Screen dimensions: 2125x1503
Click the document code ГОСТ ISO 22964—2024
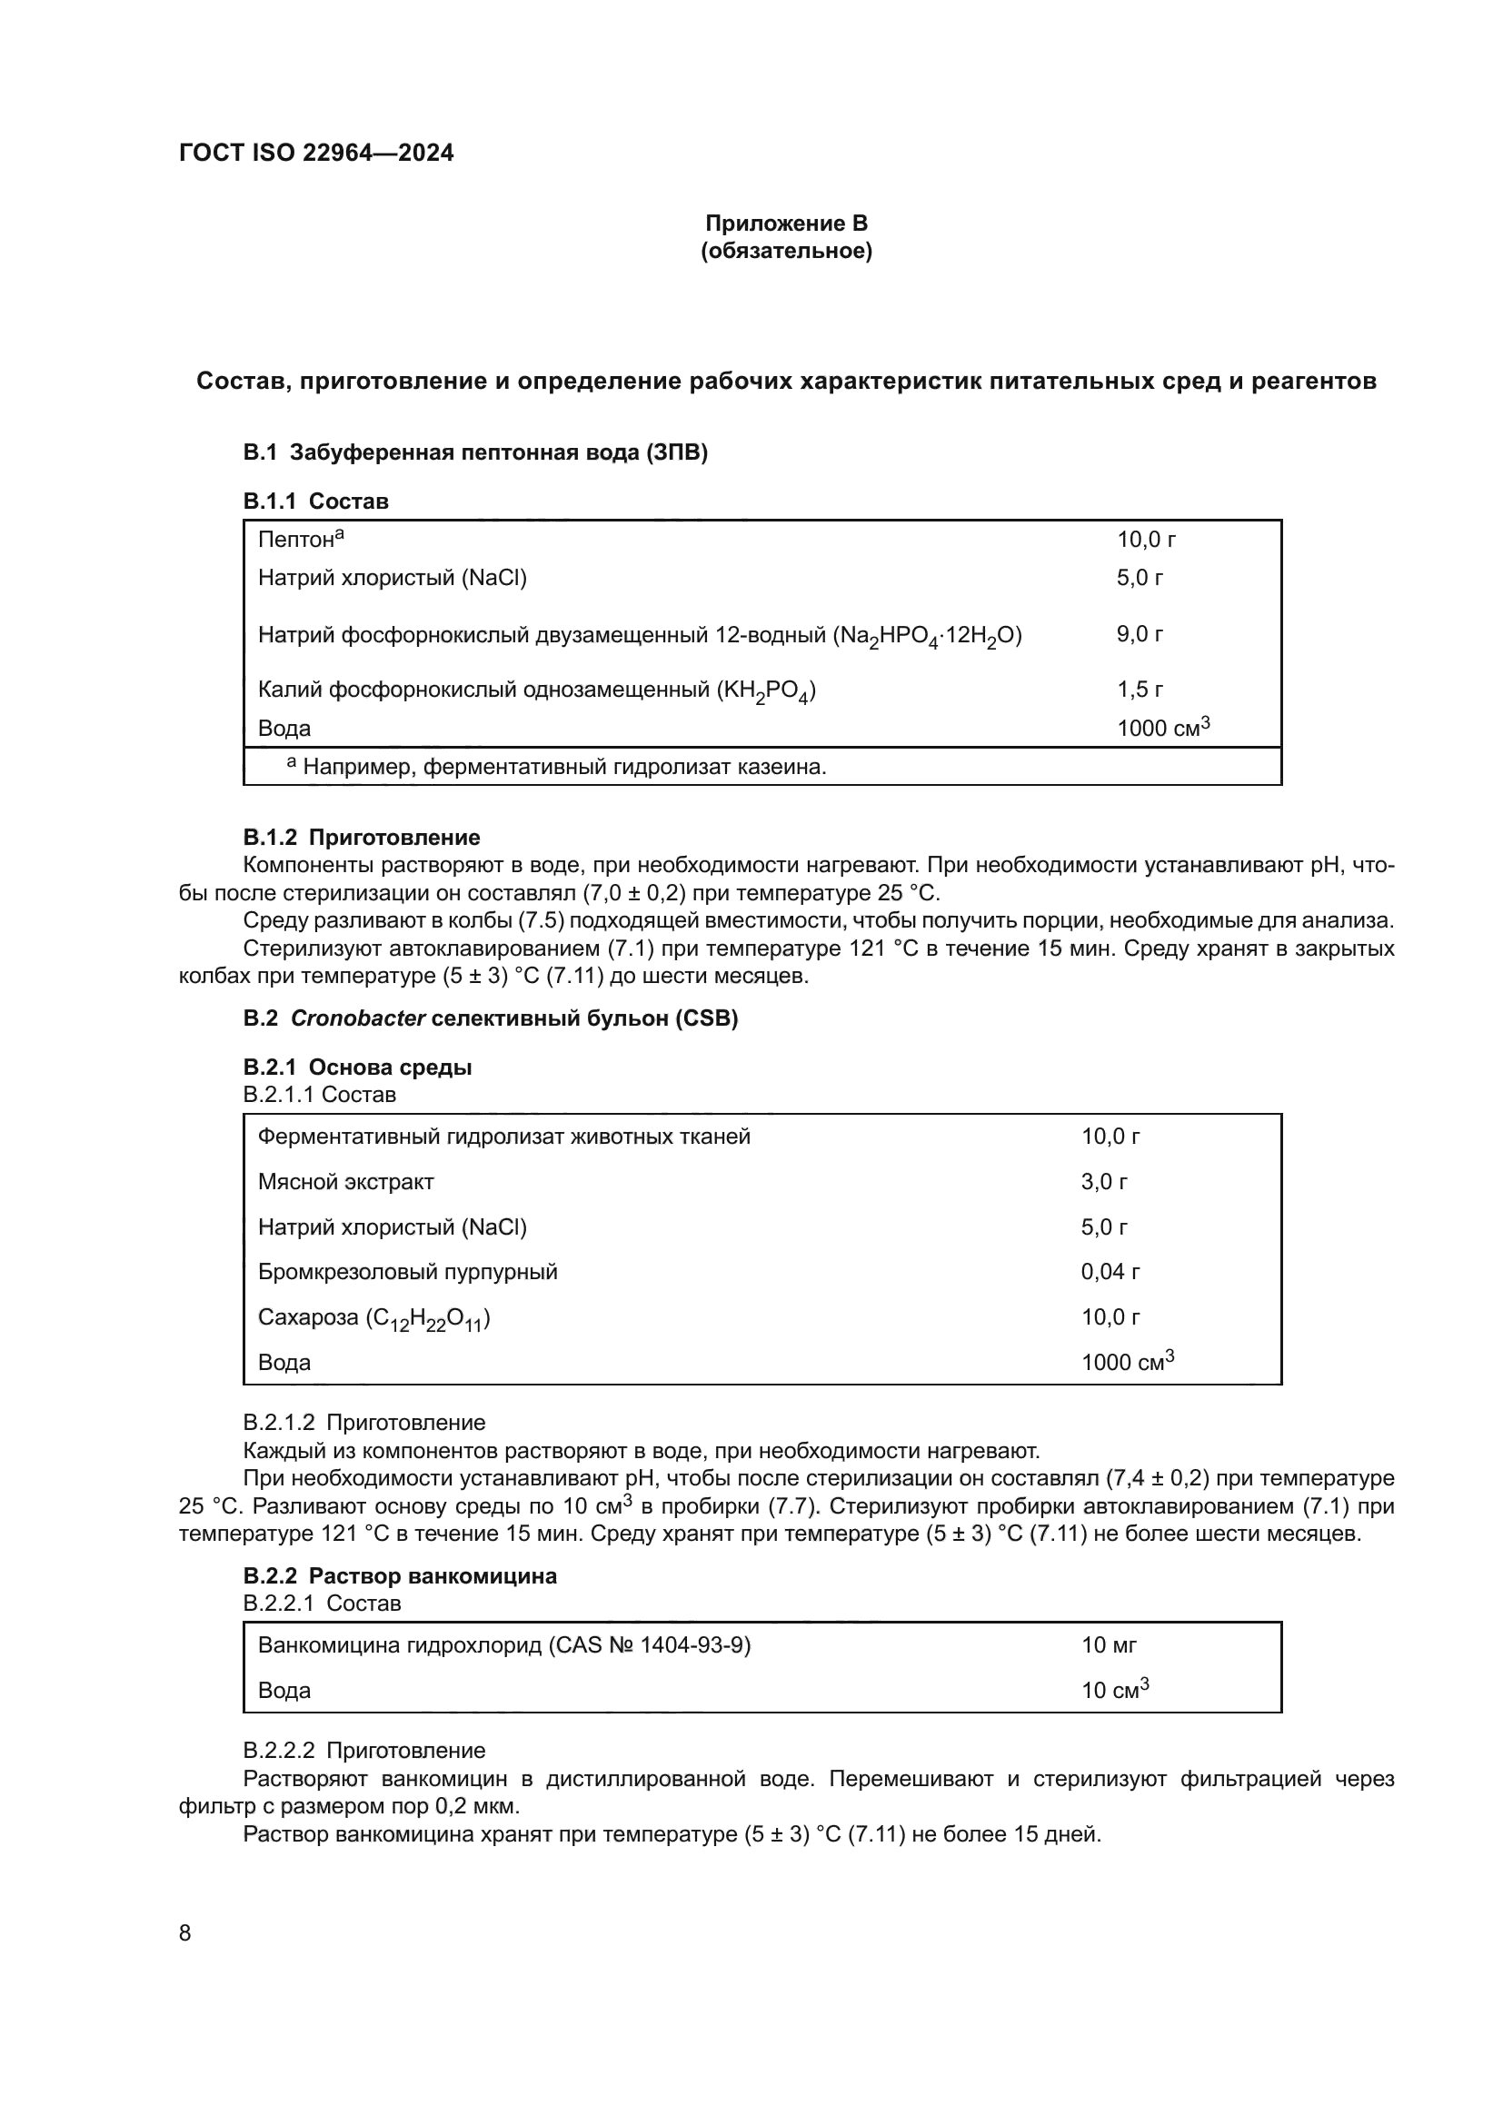tap(315, 153)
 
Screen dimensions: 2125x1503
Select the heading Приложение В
tap(786, 223)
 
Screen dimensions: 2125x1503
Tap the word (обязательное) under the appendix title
tap(786, 251)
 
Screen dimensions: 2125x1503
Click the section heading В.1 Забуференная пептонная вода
tap(474, 452)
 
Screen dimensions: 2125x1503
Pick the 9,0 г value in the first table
tap(1140, 634)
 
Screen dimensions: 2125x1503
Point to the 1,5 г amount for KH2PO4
tap(1140, 690)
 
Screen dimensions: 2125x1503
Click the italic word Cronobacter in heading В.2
tap(357, 1018)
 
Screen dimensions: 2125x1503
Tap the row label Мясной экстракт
tap(345, 1182)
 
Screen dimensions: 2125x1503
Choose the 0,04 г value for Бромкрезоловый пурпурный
tap(1110, 1272)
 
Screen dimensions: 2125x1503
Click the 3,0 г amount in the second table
tap(1104, 1182)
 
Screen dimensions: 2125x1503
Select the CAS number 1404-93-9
tap(694, 1644)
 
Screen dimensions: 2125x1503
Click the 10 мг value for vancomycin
tap(1108, 1644)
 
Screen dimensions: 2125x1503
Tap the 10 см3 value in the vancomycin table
tap(1114, 1690)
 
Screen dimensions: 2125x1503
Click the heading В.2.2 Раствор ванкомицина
tap(400, 1576)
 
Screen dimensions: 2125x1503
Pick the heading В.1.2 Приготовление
tap(361, 838)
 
